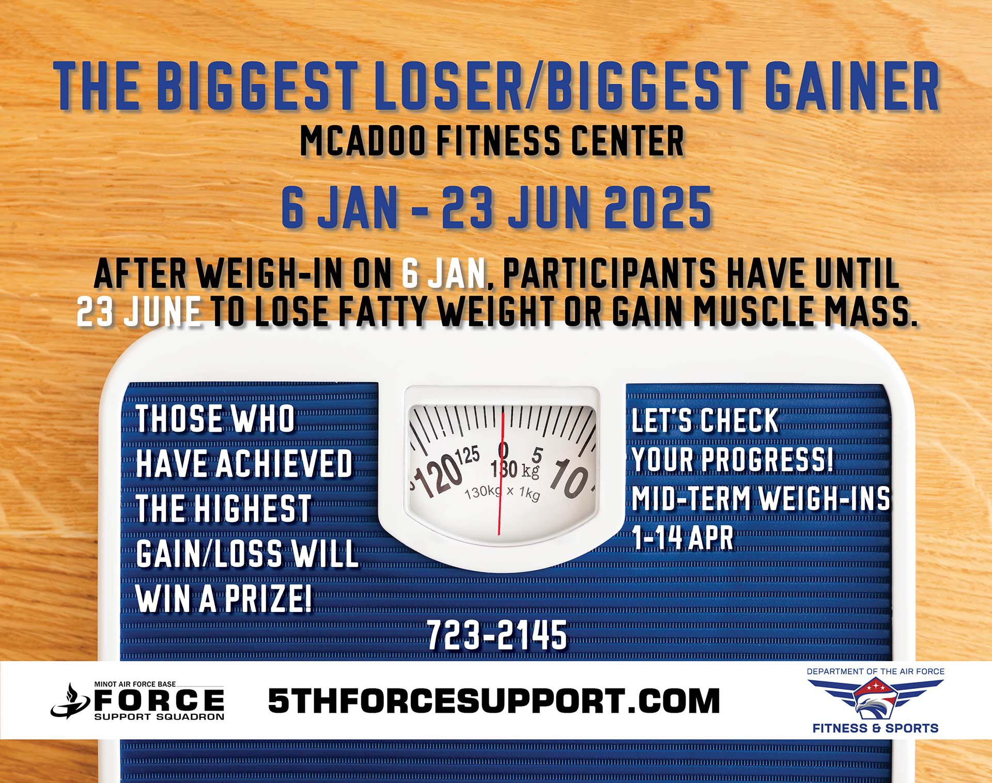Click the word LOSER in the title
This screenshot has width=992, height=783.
pyautogui.click(x=448, y=86)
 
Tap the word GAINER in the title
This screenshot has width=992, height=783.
pyautogui.click(x=851, y=86)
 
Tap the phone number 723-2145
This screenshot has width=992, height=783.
pyautogui.click(x=497, y=635)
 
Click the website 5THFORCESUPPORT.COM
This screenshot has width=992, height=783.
pyautogui.click(x=494, y=701)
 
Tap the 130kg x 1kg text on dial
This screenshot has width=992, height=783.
pyautogui.click(x=502, y=493)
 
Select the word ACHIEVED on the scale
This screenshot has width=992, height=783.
pyautogui.click(x=284, y=463)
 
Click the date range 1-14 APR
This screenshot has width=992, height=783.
pyautogui.click(x=683, y=538)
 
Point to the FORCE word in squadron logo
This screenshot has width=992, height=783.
pyautogui.click(x=159, y=701)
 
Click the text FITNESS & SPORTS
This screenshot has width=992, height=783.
pyautogui.click(x=875, y=728)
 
